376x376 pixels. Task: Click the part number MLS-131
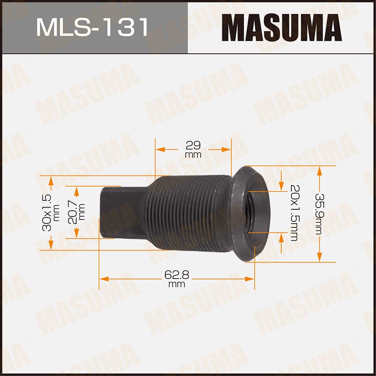point(92,27)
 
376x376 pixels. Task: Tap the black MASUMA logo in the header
point(281,27)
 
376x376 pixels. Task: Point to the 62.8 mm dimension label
point(176,279)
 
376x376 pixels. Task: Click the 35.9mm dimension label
point(319,214)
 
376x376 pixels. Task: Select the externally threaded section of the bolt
point(188,212)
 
